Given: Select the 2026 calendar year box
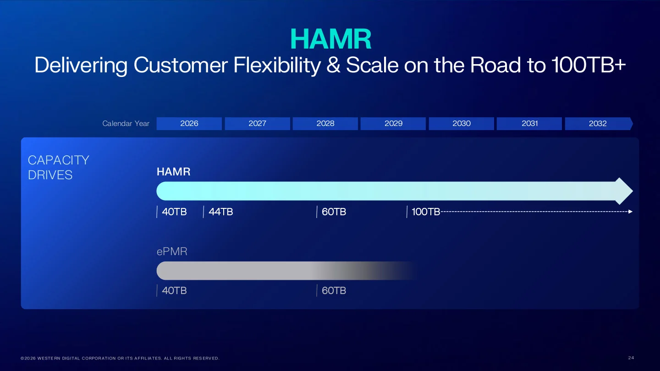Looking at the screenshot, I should (x=189, y=123).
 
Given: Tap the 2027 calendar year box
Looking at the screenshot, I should (x=257, y=123).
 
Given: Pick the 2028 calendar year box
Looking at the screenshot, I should (x=325, y=123).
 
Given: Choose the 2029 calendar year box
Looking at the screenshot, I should (x=393, y=123).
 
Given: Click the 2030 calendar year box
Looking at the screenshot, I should (x=462, y=123).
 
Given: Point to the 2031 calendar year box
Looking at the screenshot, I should (x=529, y=123).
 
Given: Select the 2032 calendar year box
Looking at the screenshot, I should (x=598, y=123).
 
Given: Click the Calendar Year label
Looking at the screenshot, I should (x=126, y=123).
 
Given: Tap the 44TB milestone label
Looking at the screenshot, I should (x=221, y=212).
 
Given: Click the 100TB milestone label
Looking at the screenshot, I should (x=426, y=212).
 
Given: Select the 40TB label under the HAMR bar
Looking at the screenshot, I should (x=174, y=212).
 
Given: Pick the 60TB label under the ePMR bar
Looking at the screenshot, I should (x=334, y=291).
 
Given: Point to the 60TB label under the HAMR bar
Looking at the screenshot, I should (x=334, y=212).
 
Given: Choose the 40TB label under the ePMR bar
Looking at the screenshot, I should (x=174, y=291).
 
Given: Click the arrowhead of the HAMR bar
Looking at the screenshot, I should (x=624, y=191).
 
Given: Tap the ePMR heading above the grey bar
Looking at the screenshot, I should (x=172, y=251).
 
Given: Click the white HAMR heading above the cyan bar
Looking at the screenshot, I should (x=173, y=172).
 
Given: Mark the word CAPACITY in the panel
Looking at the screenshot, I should (x=58, y=160).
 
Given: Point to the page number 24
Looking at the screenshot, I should (x=631, y=358).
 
